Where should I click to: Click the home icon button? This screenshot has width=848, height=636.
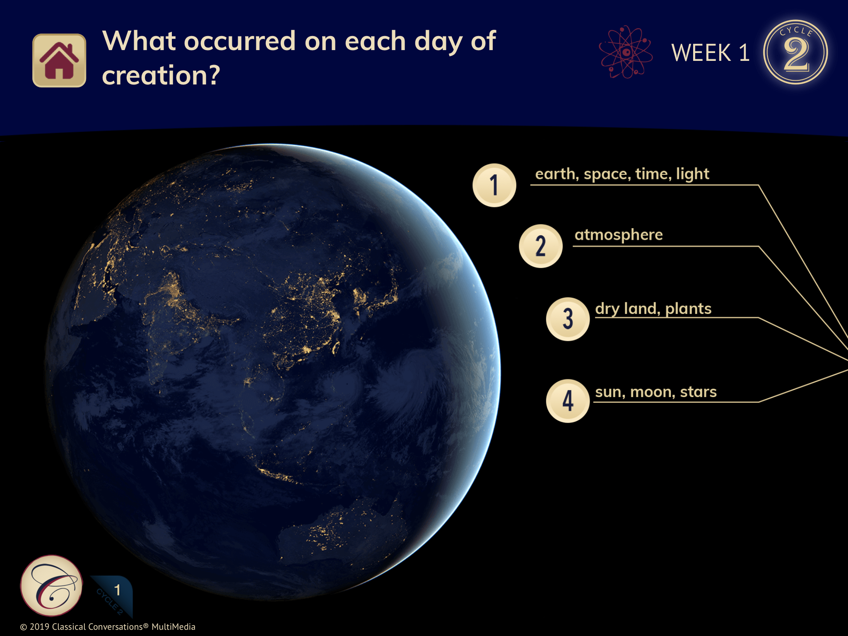[x=59, y=60]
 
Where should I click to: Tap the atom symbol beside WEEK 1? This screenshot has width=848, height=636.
[x=626, y=52]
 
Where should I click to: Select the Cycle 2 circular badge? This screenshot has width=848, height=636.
[x=795, y=52]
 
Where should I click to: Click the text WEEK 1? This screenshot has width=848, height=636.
[x=711, y=53]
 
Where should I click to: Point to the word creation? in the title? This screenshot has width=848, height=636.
[x=161, y=75]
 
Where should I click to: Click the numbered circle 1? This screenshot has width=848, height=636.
[x=494, y=185]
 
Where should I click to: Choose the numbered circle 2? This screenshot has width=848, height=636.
[x=540, y=246]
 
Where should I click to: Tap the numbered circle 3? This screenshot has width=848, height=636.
[x=568, y=319]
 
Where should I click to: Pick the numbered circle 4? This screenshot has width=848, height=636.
[x=568, y=401]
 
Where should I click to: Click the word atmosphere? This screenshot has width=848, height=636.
[x=619, y=235]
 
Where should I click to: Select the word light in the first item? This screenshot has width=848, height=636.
[x=693, y=174]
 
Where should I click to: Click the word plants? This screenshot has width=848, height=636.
[x=688, y=309]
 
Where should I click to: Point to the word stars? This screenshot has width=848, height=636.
[x=698, y=392]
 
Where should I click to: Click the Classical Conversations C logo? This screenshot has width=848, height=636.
[x=51, y=585]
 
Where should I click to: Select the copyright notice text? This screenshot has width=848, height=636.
[x=108, y=627]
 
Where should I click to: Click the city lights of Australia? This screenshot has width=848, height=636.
[x=331, y=530]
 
